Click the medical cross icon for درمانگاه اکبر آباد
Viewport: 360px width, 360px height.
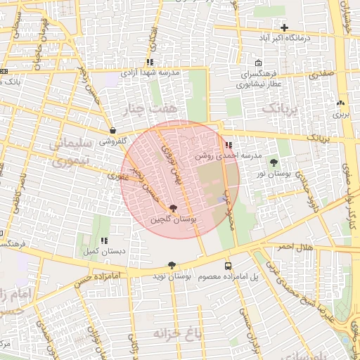(x=284, y=27)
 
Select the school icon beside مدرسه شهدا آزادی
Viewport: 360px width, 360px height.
(x=150, y=63)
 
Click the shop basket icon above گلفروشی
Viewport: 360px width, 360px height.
(x=112, y=130)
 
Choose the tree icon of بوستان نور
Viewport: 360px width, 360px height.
(x=274, y=162)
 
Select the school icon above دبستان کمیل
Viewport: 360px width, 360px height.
(x=104, y=240)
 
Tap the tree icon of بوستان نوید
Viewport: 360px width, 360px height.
(x=172, y=265)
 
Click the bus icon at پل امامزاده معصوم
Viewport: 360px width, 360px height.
(x=228, y=266)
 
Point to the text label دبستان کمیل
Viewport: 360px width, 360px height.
(x=103, y=250)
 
